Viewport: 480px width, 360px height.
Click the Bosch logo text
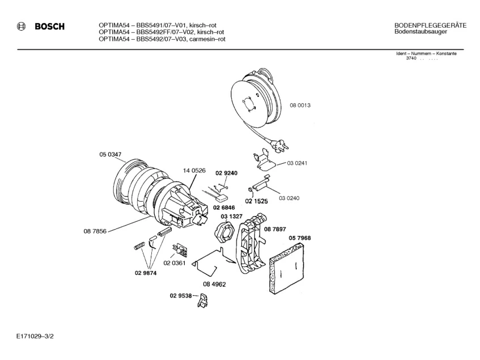click(x=49, y=27)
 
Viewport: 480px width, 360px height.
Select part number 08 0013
click(x=300, y=105)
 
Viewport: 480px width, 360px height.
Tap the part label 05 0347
click(x=111, y=154)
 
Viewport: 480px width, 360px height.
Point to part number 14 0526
click(x=193, y=170)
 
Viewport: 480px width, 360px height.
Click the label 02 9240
click(x=226, y=172)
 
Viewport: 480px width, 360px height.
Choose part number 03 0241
click(x=298, y=163)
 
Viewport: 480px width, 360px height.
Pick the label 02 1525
click(x=256, y=201)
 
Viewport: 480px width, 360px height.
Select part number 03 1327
click(x=232, y=216)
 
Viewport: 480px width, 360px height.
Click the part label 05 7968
click(x=300, y=238)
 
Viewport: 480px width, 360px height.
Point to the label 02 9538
click(x=181, y=295)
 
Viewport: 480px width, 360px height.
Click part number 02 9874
click(x=146, y=273)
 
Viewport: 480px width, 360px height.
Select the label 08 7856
click(x=95, y=231)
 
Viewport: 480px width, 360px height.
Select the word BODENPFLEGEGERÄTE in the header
click(x=430, y=26)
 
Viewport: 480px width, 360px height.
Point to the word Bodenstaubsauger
click(x=421, y=32)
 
